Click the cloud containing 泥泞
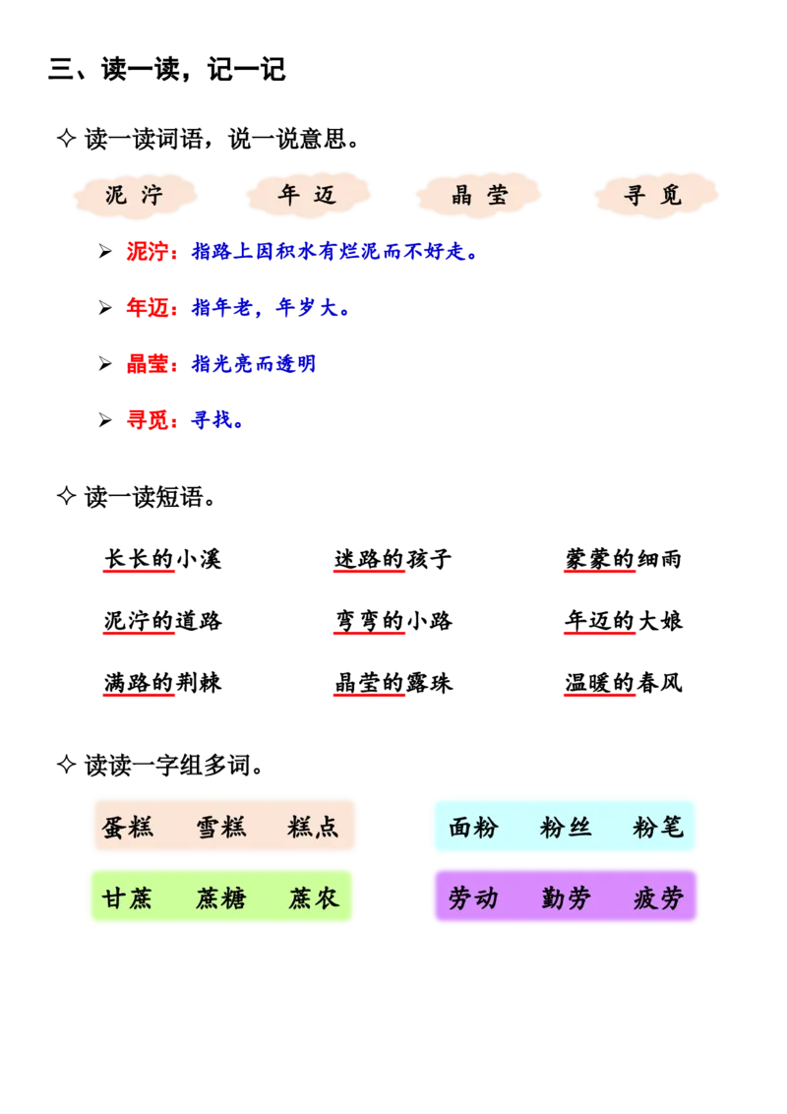pyautogui.click(x=134, y=195)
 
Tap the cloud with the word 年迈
pyautogui.click(x=308, y=195)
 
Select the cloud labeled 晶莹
pyautogui.click(x=480, y=195)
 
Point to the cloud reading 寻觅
pyautogui.click(x=653, y=195)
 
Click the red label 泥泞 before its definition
pyautogui.click(x=151, y=252)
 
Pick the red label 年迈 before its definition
pyautogui.click(x=151, y=309)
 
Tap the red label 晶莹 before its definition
pyautogui.click(x=151, y=364)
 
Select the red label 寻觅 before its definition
pyautogui.click(x=151, y=421)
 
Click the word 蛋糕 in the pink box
pyautogui.click(x=128, y=827)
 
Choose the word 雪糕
pyautogui.click(x=221, y=827)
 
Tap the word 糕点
pyautogui.click(x=314, y=827)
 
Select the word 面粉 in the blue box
pyautogui.click(x=473, y=827)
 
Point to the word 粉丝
pyautogui.click(x=566, y=827)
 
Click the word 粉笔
pyautogui.click(x=658, y=827)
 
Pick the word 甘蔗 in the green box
pyautogui.click(x=128, y=897)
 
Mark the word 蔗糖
pyautogui.click(x=221, y=897)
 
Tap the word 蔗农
pyautogui.click(x=314, y=897)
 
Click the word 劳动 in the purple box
pyautogui.click(x=473, y=897)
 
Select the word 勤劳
pyautogui.click(x=566, y=897)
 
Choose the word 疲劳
pyautogui.click(x=658, y=897)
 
